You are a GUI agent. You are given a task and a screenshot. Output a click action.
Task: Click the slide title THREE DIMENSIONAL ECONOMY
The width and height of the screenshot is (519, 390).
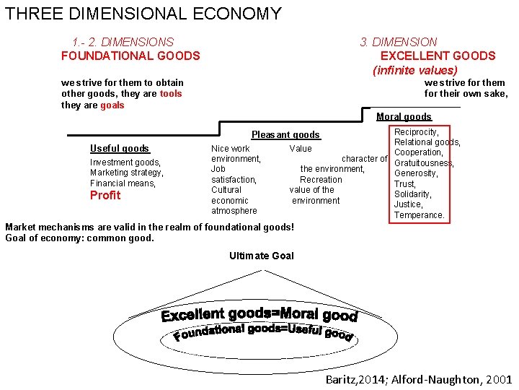coord(143,14)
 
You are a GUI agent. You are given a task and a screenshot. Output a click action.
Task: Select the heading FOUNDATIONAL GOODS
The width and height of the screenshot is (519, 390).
coord(130,56)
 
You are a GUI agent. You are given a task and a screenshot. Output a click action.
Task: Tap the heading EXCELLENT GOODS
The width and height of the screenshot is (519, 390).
coord(438,56)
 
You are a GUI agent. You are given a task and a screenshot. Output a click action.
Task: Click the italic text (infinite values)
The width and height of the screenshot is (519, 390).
coord(414,70)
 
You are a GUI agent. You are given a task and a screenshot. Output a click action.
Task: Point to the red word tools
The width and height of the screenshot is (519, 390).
coord(171,94)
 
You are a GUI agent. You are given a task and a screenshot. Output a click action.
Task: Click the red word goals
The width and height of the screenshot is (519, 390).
coord(112,105)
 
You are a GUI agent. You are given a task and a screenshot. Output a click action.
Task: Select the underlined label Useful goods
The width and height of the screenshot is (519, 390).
coord(120,149)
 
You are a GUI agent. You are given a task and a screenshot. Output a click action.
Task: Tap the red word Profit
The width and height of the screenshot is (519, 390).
coord(105,196)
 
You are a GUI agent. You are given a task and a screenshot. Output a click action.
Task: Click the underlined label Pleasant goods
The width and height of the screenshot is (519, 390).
coord(285,135)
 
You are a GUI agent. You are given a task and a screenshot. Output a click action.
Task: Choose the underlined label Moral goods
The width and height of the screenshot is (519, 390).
coord(404,117)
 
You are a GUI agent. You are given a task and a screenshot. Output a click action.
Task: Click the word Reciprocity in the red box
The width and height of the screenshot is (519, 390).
coord(416,132)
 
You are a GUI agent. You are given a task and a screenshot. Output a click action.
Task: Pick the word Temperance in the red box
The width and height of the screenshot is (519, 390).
coord(419,215)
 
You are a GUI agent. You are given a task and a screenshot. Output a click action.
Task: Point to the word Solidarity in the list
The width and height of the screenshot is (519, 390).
coord(412,194)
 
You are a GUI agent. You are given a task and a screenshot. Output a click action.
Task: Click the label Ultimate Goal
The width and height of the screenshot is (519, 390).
coord(262,256)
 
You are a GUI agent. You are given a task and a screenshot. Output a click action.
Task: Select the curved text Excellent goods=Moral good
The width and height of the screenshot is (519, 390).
coord(259,315)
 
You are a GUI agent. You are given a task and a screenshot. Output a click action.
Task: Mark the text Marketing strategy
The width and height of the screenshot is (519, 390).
coord(126,173)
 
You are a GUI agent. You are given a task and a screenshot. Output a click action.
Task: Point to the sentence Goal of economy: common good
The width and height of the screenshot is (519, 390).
coord(79,238)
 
